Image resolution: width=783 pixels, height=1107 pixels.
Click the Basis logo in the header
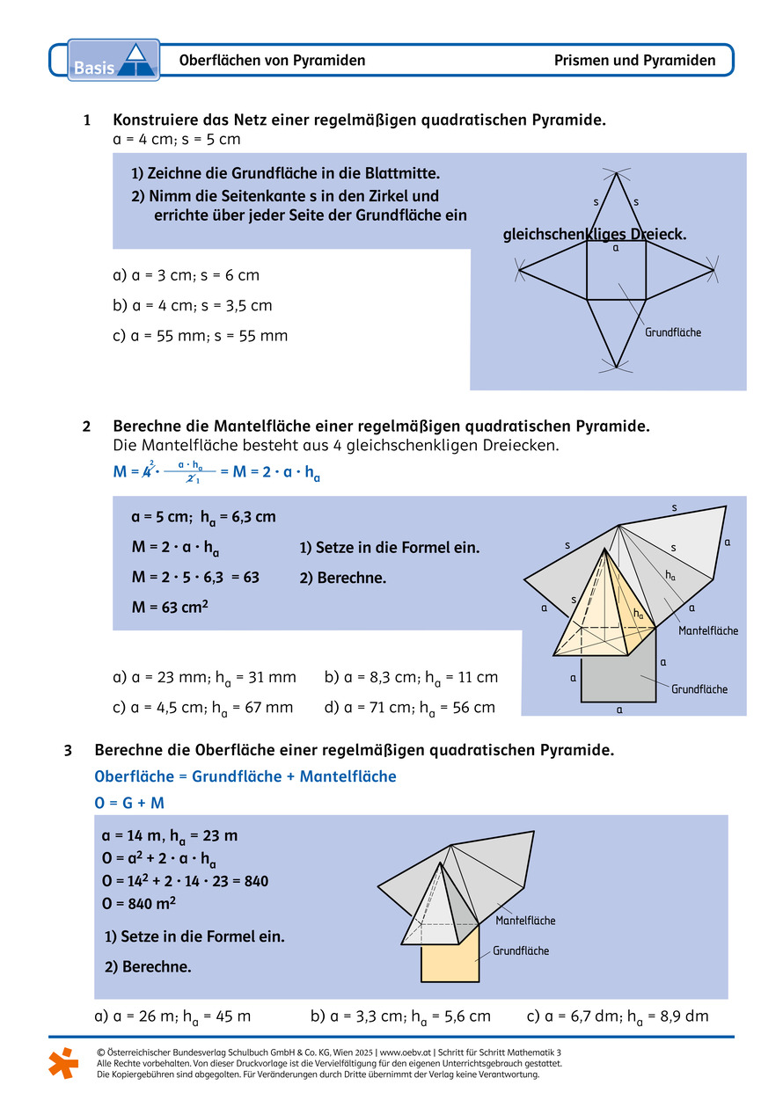[x=113, y=61]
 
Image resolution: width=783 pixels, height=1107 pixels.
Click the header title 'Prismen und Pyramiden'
[x=634, y=61]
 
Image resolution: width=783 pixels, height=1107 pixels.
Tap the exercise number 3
[x=68, y=750]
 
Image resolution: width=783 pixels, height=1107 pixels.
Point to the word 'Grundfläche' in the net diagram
[x=673, y=333]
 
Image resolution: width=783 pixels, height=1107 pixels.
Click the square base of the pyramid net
[x=617, y=271]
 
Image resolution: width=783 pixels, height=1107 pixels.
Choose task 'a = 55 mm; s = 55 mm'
[x=200, y=336]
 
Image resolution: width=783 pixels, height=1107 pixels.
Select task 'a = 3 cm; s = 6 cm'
[x=186, y=275]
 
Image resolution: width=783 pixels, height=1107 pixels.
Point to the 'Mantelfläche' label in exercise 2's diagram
[x=707, y=630]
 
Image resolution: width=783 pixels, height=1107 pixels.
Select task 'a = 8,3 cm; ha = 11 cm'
[x=411, y=677]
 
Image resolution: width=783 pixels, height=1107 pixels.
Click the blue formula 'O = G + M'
[x=129, y=803]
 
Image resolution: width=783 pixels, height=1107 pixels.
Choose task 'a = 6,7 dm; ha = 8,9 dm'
[x=618, y=1016]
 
